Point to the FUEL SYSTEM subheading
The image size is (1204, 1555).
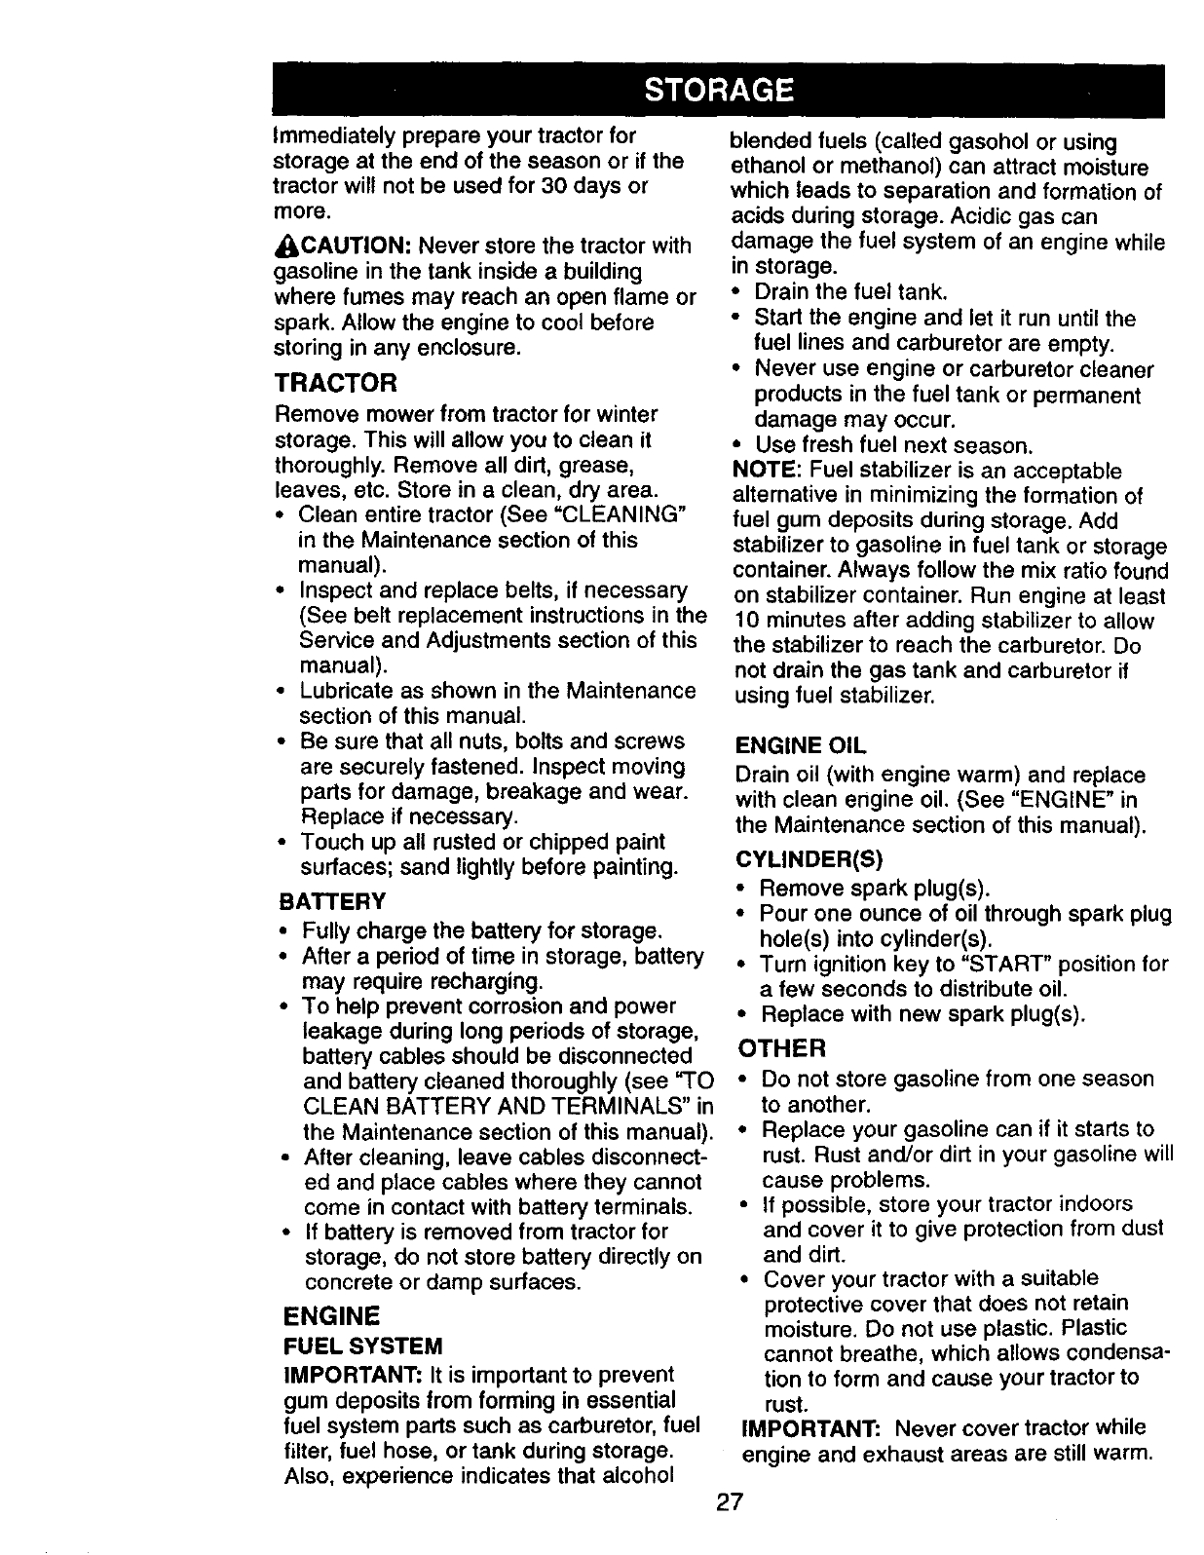[362, 1346]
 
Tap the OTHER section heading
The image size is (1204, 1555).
[783, 1048]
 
